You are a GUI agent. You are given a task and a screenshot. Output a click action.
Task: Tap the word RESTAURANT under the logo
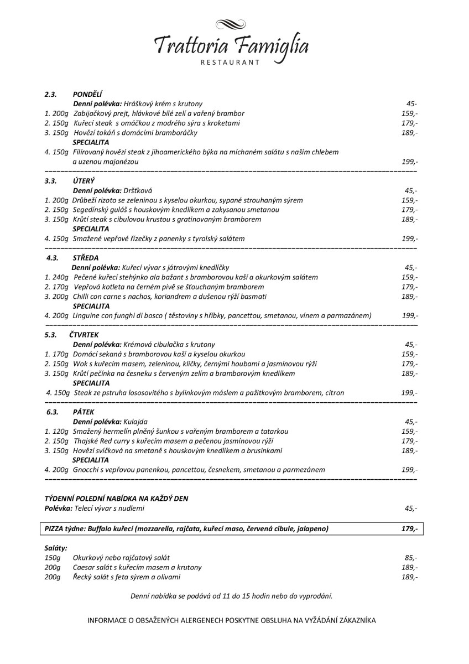(231, 63)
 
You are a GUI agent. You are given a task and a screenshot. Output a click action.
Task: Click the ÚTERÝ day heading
(84, 180)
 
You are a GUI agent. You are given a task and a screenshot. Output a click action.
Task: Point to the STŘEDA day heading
(85, 257)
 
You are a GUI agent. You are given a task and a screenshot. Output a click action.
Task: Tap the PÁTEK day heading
(83, 412)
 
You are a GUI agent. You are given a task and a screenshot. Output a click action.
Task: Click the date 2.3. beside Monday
(51, 94)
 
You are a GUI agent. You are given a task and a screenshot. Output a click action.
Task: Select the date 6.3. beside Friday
(53, 412)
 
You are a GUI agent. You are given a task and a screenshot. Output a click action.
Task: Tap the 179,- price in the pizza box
(409, 528)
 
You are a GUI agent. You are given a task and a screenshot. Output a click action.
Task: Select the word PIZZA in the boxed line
(54, 528)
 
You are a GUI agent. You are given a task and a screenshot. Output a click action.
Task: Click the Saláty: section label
(56, 547)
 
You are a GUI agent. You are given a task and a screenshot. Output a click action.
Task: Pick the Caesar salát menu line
(137, 567)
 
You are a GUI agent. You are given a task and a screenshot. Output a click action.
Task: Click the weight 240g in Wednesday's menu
(60, 277)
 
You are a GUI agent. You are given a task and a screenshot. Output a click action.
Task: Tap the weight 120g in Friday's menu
(60, 431)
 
